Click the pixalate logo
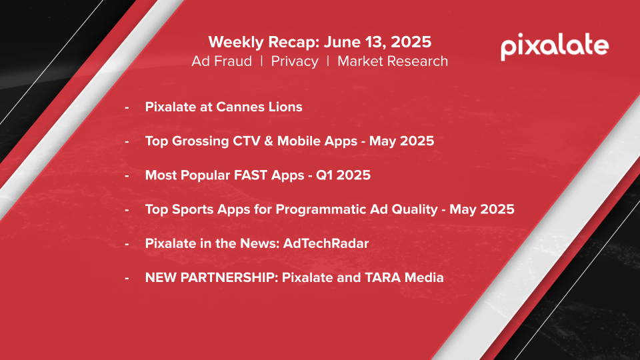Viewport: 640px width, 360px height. pos(555,47)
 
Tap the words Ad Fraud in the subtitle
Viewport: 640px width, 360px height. pos(221,61)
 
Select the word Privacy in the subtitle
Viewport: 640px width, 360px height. pos(295,61)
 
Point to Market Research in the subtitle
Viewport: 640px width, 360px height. pos(393,61)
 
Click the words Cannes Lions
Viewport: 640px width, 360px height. pos(259,107)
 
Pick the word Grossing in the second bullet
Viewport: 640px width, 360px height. pos(201,141)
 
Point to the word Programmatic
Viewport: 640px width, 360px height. pos(321,209)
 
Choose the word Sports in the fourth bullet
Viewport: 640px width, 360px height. pos(193,209)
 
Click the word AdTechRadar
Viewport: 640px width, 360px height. pos(326,244)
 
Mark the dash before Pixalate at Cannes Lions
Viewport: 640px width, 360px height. pos(127,108)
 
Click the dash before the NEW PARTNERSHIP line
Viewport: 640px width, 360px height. pos(127,279)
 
